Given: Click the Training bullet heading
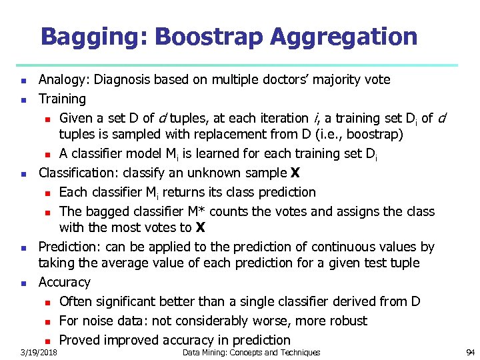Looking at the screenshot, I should tap(62, 99).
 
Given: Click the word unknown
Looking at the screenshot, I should tap(211, 173).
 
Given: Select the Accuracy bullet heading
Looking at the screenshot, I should tap(64, 282).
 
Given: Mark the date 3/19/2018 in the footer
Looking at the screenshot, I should tap(39, 352).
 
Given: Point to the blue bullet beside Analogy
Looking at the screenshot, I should tap(23, 81).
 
